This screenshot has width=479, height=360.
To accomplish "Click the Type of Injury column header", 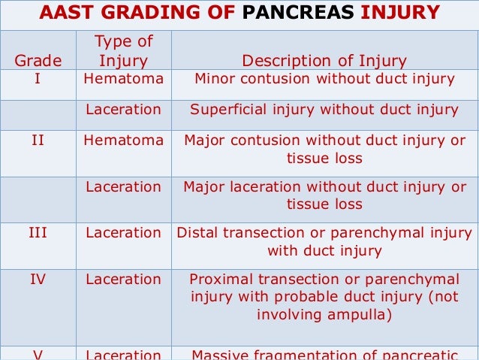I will click(123, 51).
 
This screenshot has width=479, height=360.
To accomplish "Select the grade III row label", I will click(38, 233).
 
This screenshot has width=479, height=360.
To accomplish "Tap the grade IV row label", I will click(38, 280).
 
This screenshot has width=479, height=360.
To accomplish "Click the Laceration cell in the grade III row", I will click(123, 233).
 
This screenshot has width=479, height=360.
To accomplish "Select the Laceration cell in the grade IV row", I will click(123, 280).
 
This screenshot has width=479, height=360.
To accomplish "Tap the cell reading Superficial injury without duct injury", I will click(324, 110).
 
